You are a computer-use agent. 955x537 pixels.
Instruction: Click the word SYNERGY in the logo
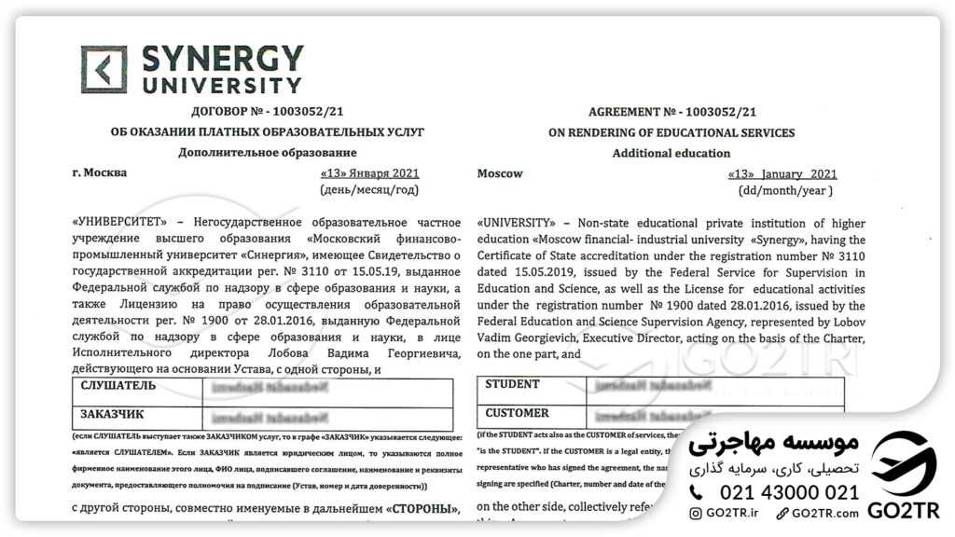click(x=222, y=59)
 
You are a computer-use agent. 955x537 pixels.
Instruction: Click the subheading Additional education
click(x=671, y=153)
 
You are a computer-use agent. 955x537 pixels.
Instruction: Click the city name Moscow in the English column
click(x=500, y=173)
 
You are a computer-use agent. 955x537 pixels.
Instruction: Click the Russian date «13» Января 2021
click(x=369, y=173)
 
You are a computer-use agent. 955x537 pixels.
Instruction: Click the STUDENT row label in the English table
click(x=512, y=384)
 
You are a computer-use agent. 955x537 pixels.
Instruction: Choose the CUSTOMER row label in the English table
click(x=517, y=412)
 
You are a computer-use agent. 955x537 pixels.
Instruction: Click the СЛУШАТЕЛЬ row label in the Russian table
click(x=118, y=385)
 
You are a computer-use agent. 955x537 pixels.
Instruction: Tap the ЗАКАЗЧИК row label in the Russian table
click(x=112, y=414)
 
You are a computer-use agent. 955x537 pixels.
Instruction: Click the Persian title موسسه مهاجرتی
click(x=773, y=444)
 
